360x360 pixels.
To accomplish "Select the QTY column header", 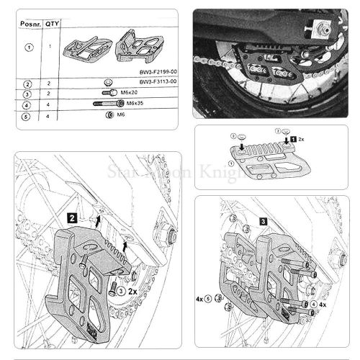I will (52, 22).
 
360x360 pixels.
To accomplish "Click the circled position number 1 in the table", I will (29, 48).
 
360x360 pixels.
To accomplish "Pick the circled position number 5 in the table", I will (29, 115).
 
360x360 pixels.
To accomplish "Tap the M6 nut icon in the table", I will (108, 115).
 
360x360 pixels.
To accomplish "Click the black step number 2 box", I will (73, 215).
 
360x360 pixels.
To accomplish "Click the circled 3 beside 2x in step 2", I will (120, 290).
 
